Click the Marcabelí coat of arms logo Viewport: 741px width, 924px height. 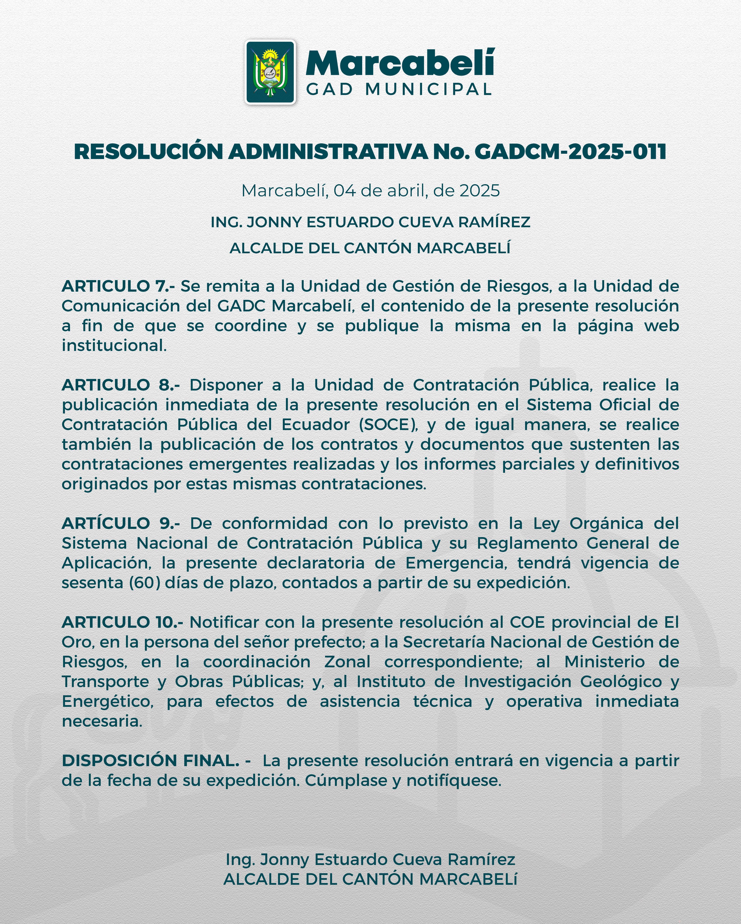[x=270, y=72]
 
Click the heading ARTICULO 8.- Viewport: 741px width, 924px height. [x=121, y=385]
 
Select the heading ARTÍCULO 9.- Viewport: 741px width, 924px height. [x=121, y=523]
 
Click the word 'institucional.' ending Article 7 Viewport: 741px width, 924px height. [x=114, y=345]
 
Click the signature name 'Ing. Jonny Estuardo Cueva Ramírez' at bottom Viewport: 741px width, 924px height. [x=370, y=859]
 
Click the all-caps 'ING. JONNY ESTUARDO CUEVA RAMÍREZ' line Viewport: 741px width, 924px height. [x=370, y=222]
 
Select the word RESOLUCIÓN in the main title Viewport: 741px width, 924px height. [x=149, y=152]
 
